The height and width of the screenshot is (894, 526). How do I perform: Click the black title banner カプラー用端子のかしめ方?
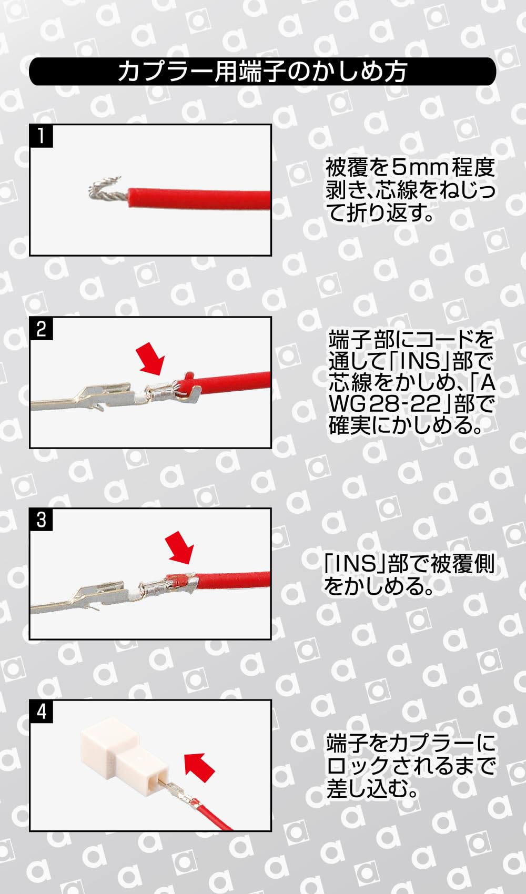pyautogui.click(x=262, y=72)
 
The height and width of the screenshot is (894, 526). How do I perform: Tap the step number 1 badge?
pyautogui.click(x=41, y=136)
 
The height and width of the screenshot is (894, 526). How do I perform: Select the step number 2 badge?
pyautogui.click(x=41, y=329)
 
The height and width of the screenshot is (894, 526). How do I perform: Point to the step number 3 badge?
pyautogui.click(x=41, y=520)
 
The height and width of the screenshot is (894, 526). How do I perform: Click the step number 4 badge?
pyautogui.click(x=41, y=712)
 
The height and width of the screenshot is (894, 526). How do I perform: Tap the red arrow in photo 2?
pyautogui.click(x=150, y=359)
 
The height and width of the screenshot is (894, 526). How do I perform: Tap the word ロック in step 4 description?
pyautogui.click(x=358, y=766)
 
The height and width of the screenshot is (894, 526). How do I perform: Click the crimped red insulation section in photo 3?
pyautogui.click(x=180, y=580)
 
